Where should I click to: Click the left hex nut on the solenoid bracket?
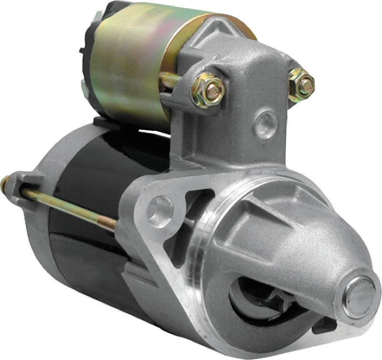click(208, 90)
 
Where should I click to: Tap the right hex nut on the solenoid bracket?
click(302, 85)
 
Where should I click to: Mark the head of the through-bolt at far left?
click(6, 183)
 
